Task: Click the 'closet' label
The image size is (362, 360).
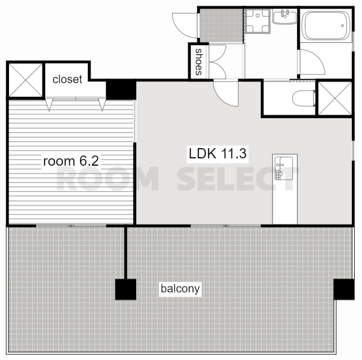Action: [67, 79]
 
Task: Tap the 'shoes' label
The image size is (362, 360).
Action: [199, 62]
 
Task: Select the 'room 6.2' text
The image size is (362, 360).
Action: [71, 161]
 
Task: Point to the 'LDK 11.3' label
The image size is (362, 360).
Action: [217, 154]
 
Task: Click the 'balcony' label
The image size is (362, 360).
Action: [180, 289]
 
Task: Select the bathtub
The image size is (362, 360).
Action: [326, 25]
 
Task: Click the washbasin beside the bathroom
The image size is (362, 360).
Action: [285, 16]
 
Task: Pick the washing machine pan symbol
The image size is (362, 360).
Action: [258, 21]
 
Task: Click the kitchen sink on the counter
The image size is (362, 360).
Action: [284, 168]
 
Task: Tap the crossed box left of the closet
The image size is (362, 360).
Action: [25, 80]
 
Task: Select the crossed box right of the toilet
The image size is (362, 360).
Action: [335, 98]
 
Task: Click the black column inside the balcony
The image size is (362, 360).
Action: [126, 289]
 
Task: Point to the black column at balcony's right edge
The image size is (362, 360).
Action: [344, 289]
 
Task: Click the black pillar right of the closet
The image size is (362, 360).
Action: [121, 89]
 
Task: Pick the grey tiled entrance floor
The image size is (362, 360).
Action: [221, 25]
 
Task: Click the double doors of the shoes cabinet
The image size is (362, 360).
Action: [217, 62]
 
